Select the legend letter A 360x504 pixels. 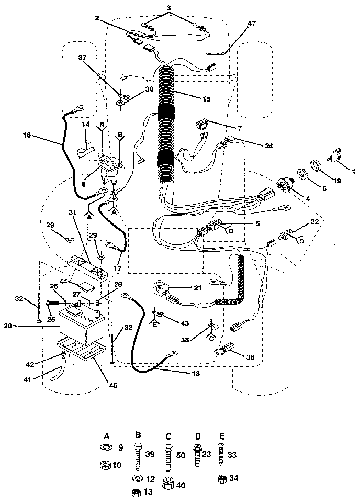(x=107, y=435)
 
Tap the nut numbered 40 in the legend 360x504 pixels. (x=169, y=484)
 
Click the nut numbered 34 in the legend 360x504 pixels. (x=222, y=478)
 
